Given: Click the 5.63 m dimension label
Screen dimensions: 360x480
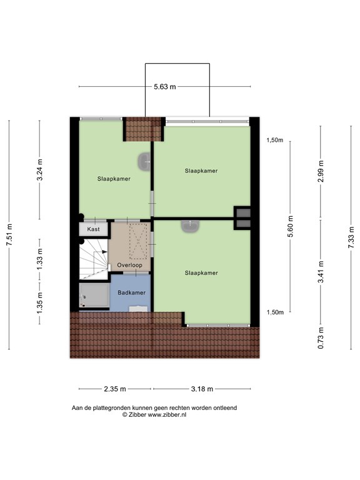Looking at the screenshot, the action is tap(165, 87).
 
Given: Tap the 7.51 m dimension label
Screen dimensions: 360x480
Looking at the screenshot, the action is tap(9, 235).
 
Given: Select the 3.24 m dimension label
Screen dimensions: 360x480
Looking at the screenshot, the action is tap(40, 169).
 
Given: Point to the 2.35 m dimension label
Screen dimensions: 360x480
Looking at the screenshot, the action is tap(115, 389).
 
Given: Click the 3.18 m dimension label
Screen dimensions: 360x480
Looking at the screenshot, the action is tap(202, 389).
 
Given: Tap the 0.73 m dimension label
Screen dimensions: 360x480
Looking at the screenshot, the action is tap(321, 338).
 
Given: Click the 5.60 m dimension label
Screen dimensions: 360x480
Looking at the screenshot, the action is tap(291, 226).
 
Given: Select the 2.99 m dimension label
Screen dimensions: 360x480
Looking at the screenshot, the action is tap(321, 171).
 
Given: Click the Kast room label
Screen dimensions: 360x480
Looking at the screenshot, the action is tap(93, 229).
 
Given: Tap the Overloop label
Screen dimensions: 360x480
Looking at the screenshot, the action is tap(130, 265).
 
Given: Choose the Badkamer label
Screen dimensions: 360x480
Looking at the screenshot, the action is tap(132, 292).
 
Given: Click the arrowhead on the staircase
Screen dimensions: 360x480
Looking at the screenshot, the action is tap(105, 252).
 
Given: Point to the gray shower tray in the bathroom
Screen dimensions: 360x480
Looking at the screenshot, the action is tap(94, 295).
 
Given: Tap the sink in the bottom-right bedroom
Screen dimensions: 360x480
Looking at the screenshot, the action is tap(190, 226).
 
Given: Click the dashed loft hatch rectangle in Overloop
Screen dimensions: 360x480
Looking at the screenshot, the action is tap(138, 241).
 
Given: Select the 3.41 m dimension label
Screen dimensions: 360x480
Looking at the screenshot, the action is tap(321, 272).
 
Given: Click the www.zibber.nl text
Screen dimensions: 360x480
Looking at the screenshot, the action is tap(167, 415).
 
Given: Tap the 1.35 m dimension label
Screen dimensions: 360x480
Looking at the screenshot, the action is tap(40, 303).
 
